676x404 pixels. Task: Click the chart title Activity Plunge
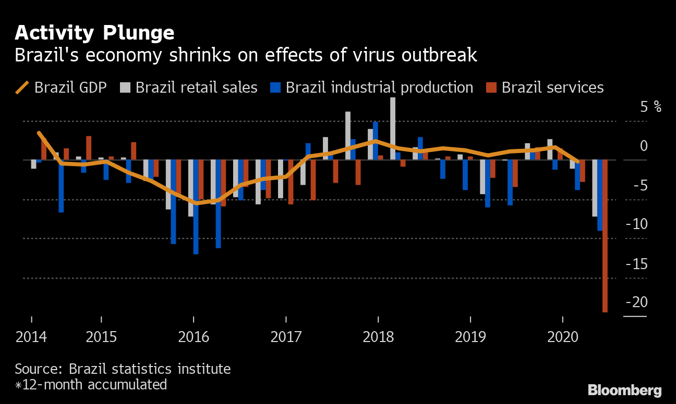(94, 33)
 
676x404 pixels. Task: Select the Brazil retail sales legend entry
(189, 87)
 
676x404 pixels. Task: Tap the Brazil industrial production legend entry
(371, 87)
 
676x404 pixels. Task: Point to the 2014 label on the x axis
(31, 337)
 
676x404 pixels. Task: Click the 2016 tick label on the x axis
(194, 337)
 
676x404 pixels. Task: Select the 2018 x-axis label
(378, 337)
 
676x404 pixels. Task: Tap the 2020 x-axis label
(563, 337)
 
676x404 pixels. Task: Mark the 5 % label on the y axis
(650, 107)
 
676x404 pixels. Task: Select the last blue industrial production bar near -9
(600, 195)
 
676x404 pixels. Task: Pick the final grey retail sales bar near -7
(595, 188)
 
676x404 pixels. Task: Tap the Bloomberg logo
(624, 390)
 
